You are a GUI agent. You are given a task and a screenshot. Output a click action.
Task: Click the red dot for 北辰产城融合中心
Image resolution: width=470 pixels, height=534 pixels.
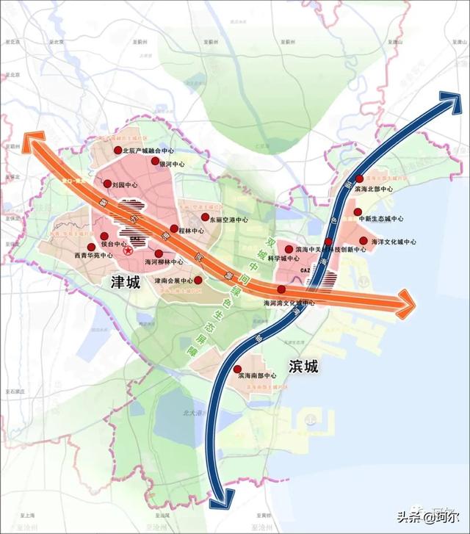coord(117,150)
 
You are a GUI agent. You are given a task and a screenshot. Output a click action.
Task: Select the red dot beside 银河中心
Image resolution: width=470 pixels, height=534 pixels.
coord(155,160)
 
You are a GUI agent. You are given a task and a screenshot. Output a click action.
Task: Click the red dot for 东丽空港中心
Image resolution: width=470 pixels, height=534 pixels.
coord(205,217)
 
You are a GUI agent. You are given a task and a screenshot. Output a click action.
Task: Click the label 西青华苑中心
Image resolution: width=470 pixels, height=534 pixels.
coord(93,256)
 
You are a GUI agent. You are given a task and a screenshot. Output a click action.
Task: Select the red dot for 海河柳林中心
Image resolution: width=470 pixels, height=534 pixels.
coord(159,253)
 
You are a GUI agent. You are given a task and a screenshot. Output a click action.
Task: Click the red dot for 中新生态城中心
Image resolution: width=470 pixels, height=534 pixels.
coord(358,212)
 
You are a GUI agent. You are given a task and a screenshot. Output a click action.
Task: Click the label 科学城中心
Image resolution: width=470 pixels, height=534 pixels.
coord(283,259)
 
